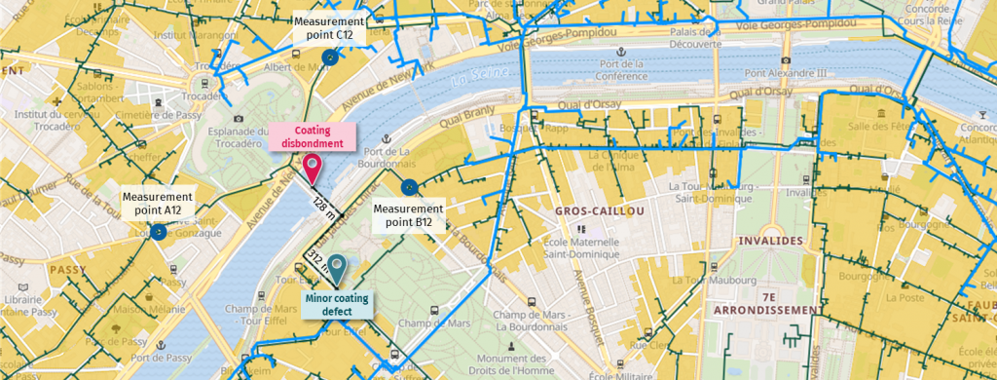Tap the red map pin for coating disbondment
[313, 168]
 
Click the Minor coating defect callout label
[337, 305]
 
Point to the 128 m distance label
[323, 203]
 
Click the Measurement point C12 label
[330, 27]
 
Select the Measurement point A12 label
[158, 203]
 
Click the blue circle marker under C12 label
[331, 58]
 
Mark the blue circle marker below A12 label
[158, 233]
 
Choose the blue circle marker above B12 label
[409, 187]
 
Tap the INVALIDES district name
[769, 240]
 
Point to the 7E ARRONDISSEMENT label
[769, 302]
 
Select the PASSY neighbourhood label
[67, 270]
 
